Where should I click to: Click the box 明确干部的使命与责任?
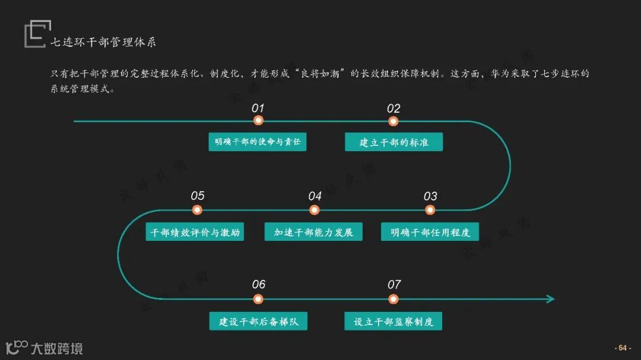[x=258, y=142]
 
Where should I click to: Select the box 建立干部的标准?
[x=394, y=142]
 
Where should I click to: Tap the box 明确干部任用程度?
[x=430, y=231]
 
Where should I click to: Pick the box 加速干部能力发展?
[x=313, y=231]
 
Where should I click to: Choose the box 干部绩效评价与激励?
[x=195, y=231]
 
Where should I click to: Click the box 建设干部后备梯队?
[x=258, y=321]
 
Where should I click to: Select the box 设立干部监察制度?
[x=394, y=321]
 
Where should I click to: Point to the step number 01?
[x=258, y=108]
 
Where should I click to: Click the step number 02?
[x=394, y=108]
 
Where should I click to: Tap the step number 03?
[x=430, y=196]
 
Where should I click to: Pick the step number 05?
[x=198, y=196]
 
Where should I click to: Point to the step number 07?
[x=394, y=285]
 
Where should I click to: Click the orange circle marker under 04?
[x=315, y=210]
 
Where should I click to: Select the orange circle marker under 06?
[x=258, y=299]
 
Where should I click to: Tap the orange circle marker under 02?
[x=393, y=121]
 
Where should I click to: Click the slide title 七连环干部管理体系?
[x=103, y=42]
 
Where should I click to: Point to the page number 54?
[x=623, y=348]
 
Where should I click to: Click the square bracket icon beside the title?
[x=34, y=34]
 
